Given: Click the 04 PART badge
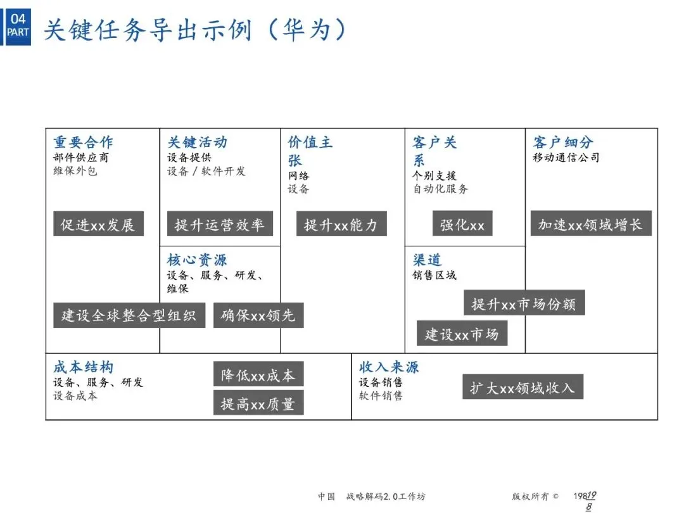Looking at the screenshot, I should click(18, 25).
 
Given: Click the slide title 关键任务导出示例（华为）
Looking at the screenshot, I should click(196, 29).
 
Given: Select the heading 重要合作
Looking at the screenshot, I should click(83, 142).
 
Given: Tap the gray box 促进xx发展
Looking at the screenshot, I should click(98, 224).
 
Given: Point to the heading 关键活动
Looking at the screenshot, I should click(197, 142).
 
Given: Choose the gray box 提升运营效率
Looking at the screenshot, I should click(220, 224).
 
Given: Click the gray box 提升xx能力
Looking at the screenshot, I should click(341, 224).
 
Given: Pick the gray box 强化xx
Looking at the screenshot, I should click(462, 224).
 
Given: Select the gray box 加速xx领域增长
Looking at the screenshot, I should click(590, 224).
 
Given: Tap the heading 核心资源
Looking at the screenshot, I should click(197, 260).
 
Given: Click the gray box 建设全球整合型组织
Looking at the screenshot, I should click(129, 315).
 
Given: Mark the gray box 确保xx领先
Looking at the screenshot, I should click(258, 315).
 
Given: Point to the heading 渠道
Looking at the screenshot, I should click(427, 260).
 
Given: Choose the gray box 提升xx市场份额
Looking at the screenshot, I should click(524, 303).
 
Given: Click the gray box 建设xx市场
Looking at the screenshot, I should click(462, 334).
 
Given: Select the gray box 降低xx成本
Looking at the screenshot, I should click(258, 375).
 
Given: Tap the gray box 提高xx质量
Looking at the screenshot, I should click(258, 403).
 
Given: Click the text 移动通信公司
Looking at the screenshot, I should click(566, 157).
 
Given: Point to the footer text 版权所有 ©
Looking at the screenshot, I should click(535, 497).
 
